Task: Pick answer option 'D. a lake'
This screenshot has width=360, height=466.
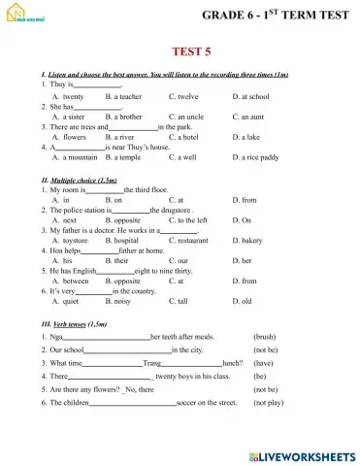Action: click(248, 137)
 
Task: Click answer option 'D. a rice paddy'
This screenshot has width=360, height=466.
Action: click(257, 156)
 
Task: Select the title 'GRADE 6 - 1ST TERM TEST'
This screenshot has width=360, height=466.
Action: click(276, 16)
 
